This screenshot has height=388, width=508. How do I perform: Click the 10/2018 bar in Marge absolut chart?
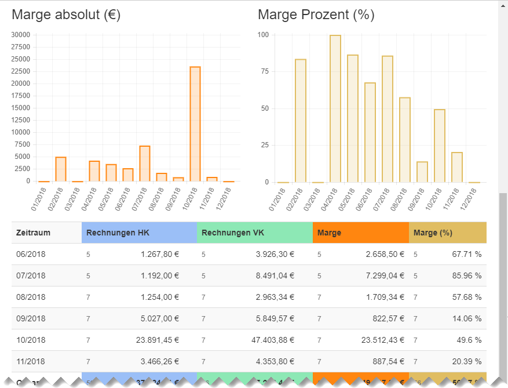click(x=195, y=124)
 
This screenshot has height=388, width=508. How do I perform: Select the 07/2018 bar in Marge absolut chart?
click(x=145, y=164)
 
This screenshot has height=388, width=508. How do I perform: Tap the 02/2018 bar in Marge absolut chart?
click(x=61, y=169)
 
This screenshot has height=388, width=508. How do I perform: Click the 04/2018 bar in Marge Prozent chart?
click(x=335, y=108)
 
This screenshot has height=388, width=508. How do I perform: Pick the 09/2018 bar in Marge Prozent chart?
click(x=422, y=172)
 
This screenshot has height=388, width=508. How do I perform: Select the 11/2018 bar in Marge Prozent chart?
click(x=457, y=167)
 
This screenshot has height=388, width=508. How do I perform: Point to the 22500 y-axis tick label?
click(x=20, y=71)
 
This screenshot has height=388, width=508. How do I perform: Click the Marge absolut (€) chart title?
click(x=66, y=15)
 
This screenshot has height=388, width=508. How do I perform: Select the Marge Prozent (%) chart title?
click(x=316, y=15)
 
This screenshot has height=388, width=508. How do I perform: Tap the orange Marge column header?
click(x=329, y=233)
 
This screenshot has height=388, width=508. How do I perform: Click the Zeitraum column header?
click(x=34, y=233)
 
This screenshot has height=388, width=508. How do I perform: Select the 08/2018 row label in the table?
click(x=31, y=297)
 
